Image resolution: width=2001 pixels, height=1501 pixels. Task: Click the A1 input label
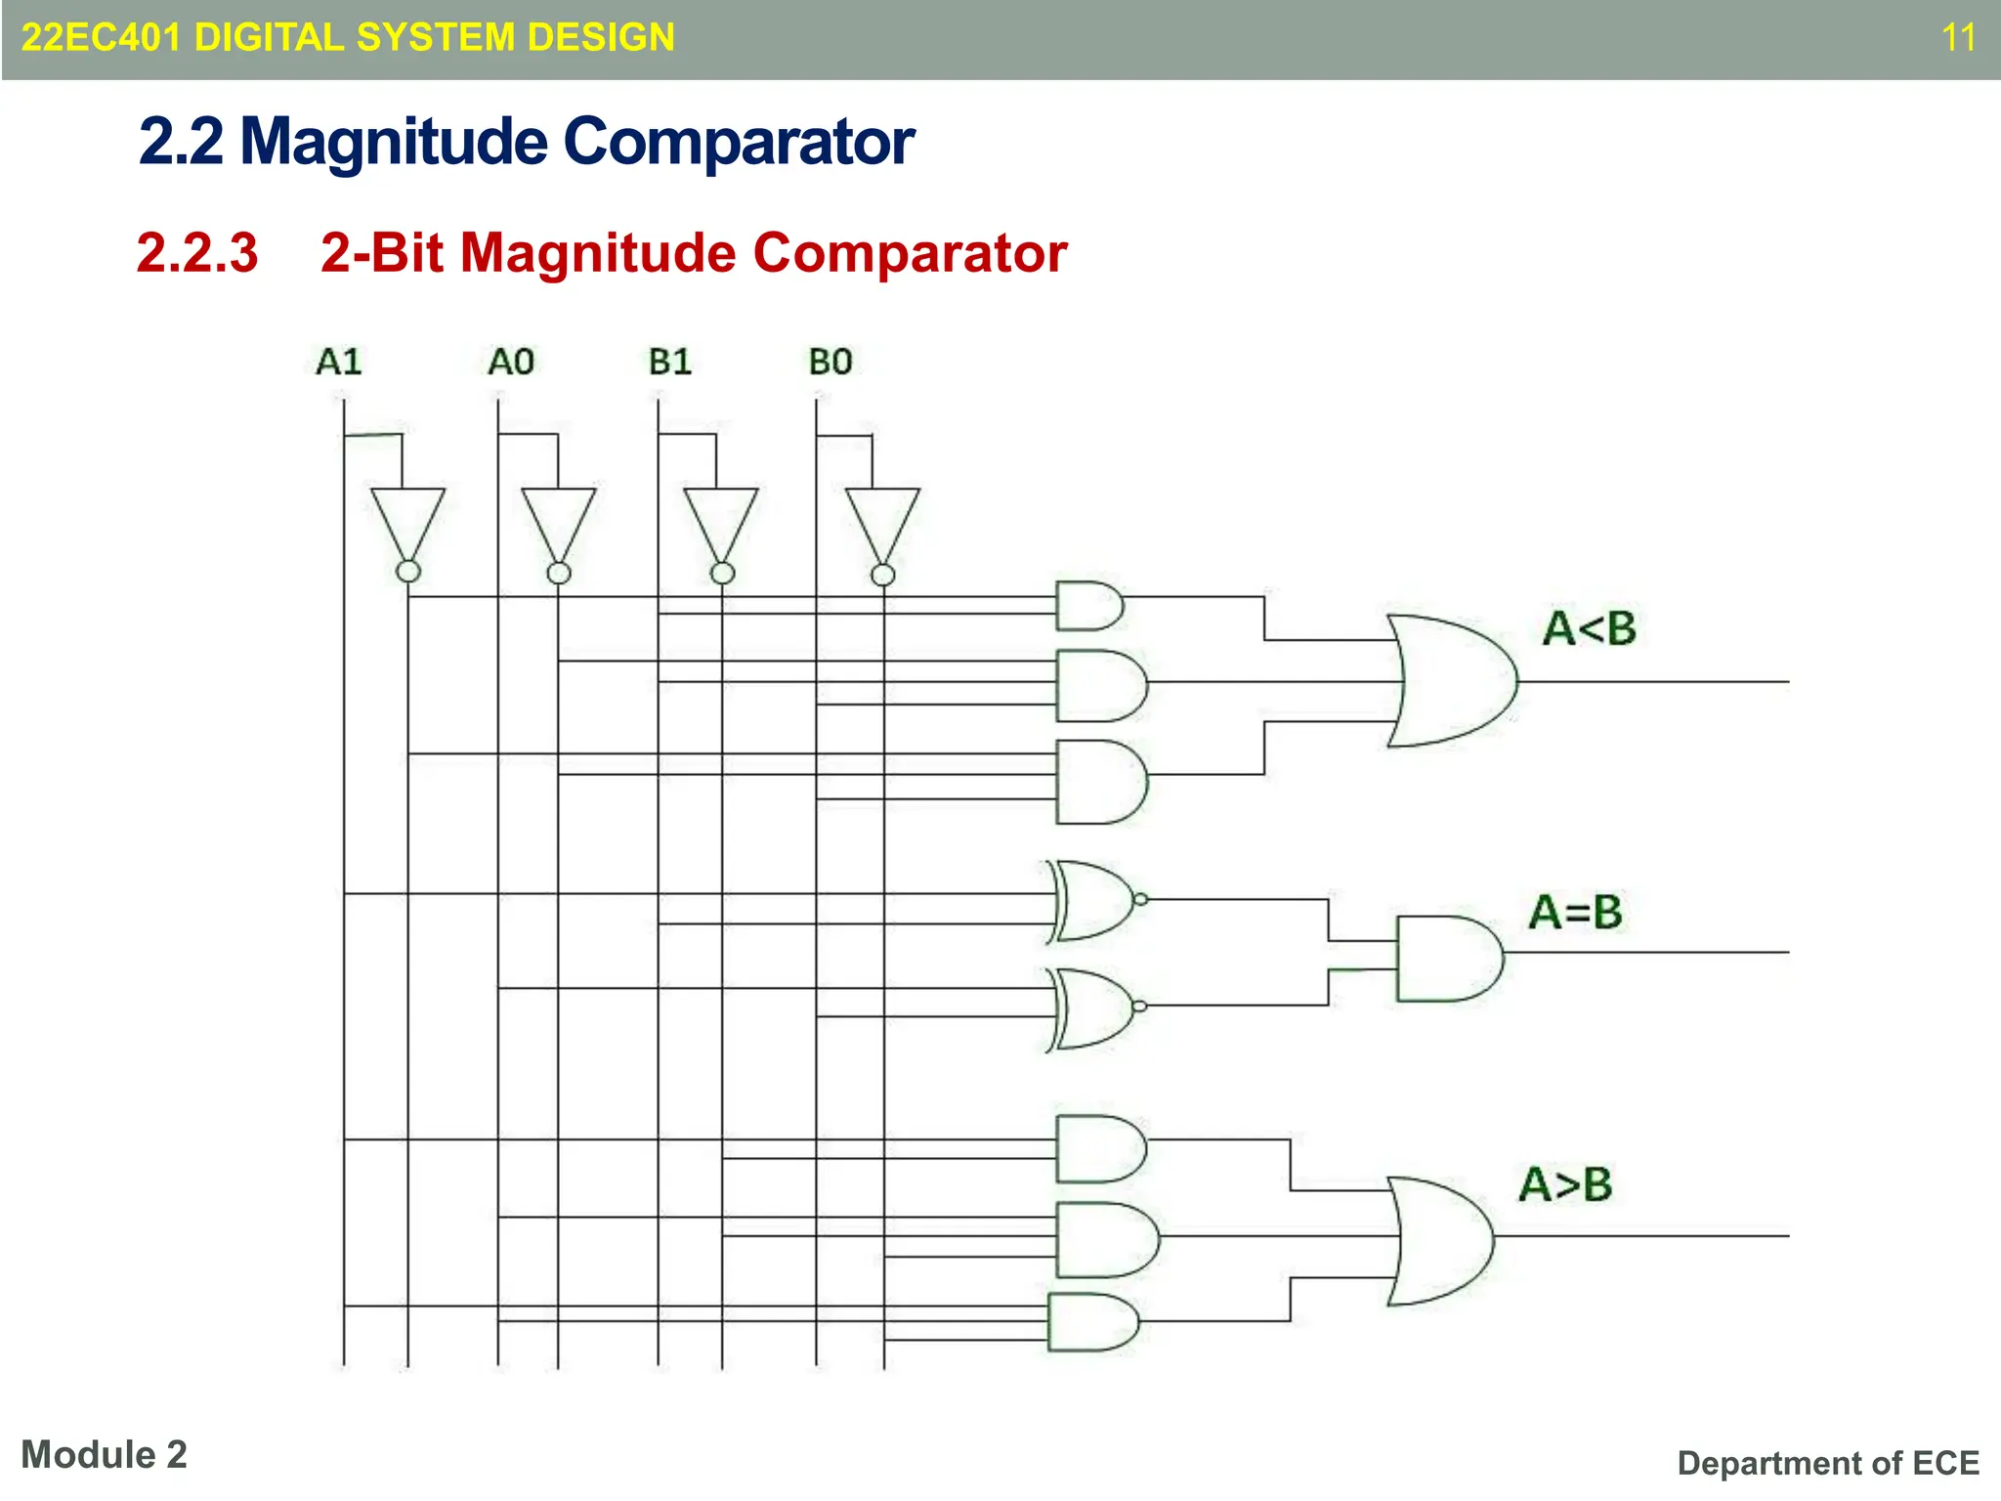[339, 362]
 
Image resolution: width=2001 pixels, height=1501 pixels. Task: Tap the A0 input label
[511, 362]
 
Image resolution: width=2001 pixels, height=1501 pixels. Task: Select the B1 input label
[670, 362]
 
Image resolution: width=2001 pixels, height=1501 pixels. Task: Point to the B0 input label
[830, 362]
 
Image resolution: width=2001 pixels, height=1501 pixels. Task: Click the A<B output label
[1589, 628]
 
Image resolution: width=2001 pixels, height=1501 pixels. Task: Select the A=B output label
[1575, 912]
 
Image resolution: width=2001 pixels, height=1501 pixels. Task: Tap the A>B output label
[1565, 1184]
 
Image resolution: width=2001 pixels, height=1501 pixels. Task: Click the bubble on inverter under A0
[559, 573]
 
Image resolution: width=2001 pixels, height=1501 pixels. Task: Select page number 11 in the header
[1958, 38]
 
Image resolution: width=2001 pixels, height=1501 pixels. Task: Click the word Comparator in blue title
[739, 142]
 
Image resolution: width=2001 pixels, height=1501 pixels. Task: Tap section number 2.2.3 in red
[197, 252]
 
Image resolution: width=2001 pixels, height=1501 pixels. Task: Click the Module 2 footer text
[104, 1454]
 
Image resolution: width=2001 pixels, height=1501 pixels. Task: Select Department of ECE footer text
[1827, 1463]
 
